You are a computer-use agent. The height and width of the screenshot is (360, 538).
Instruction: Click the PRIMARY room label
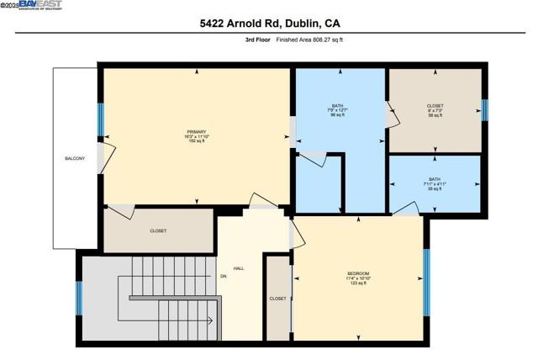click(196, 131)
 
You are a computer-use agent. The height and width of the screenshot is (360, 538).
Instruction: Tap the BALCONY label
click(74, 158)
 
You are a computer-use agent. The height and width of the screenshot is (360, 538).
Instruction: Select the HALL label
click(239, 268)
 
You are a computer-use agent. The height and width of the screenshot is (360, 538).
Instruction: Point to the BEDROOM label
click(359, 273)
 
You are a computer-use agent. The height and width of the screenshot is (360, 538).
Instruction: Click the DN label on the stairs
click(224, 276)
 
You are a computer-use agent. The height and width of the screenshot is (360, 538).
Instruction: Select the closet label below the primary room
click(158, 230)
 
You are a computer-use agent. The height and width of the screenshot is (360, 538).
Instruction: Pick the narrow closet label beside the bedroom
click(277, 299)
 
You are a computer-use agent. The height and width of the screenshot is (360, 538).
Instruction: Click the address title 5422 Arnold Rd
click(269, 24)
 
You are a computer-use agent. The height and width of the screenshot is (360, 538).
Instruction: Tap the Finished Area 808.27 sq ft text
click(310, 40)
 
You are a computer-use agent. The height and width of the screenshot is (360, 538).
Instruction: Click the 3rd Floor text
click(257, 40)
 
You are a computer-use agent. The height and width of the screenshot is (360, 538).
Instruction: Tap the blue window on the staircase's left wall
click(79, 298)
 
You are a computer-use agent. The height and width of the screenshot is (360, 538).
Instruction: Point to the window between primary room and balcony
click(100, 119)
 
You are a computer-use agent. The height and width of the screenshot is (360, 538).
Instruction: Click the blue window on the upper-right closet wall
click(483, 109)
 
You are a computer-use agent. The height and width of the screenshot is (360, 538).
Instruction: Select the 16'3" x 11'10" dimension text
click(196, 136)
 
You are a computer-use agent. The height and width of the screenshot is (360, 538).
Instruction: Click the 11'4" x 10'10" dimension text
click(359, 278)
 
